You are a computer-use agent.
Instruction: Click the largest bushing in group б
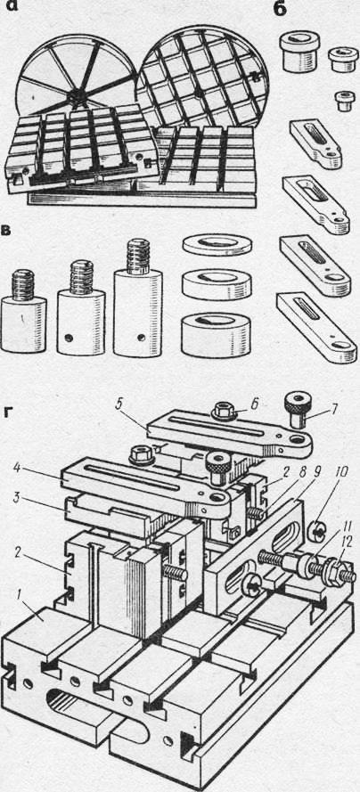(299, 51)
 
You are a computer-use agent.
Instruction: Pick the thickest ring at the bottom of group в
(217, 334)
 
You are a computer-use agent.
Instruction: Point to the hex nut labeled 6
(221, 412)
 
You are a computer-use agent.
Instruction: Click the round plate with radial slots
(77, 81)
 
